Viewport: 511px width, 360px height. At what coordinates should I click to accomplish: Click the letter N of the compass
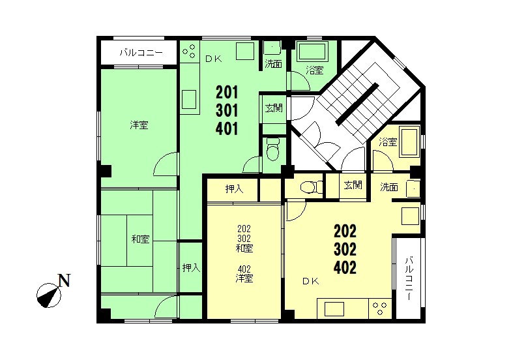(x=64, y=280)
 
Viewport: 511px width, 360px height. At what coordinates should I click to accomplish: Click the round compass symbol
(x=48, y=295)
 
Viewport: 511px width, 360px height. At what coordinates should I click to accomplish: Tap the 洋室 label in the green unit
(x=139, y=125)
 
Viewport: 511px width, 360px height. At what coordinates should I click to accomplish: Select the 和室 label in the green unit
(x=141, y=239)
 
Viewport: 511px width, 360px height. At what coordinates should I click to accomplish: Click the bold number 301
(x=227, y=111)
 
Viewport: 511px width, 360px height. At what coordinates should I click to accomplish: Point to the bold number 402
(x=345, y=267)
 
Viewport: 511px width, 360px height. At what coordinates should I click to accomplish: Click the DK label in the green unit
(x=214, y=59)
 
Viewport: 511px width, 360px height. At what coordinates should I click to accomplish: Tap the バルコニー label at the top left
(x=141, y=52)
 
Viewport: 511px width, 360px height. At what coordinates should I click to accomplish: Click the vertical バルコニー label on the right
(x=409, y=279)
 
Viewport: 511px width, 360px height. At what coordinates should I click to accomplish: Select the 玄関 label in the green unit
(x=274, y=108)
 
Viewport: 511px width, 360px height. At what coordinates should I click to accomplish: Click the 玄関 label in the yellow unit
(x=353, y=185)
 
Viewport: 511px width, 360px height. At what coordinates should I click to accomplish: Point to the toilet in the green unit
(x=273, y=149)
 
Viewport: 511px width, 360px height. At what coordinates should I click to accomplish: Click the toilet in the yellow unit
(x=311, y=188)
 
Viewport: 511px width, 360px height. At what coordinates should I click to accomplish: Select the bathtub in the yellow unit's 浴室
(x=409, y=143)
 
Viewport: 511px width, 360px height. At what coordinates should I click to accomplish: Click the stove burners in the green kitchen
(x=189, y=51)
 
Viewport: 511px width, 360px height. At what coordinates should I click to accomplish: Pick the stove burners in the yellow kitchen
(x=380, y=308)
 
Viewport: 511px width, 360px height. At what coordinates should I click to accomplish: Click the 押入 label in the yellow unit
(x=235, y=189)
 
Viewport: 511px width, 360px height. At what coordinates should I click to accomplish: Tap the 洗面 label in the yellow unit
(x=388, y=187)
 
